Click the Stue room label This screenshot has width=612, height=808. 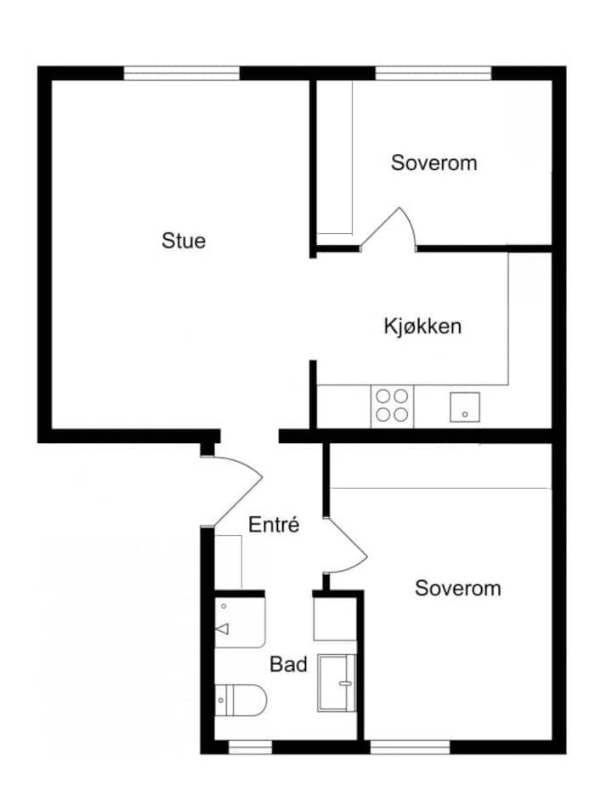click(x=184, y=241)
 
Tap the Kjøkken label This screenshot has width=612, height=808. click(x=422, y=327)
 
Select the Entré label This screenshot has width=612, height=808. click(x=274, y=525)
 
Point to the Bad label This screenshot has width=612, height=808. click(x=288, y=664)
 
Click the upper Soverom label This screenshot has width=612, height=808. click(x=433, y=162)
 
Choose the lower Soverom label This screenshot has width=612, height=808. click(x=458, y=589)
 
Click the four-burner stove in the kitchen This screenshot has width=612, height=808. click(x=392, y=406)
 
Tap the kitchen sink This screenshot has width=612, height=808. click(x=465, y=407)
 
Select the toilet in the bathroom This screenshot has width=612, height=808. click(x=241, y=700)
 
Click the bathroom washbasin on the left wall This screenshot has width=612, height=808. click(x=240, y=623)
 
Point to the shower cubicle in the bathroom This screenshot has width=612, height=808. click(x=337, y=683)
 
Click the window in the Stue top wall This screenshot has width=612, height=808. click(x=182, y=73)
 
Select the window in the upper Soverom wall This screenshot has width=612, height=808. click(x=433, y=73)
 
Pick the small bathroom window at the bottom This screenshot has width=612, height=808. click(x=251, y=748)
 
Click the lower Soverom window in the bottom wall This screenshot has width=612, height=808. click(x=410, y=748)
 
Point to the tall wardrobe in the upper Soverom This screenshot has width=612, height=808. click(x=334, y=157)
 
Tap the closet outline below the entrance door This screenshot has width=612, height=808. click(x=228, y=562)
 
